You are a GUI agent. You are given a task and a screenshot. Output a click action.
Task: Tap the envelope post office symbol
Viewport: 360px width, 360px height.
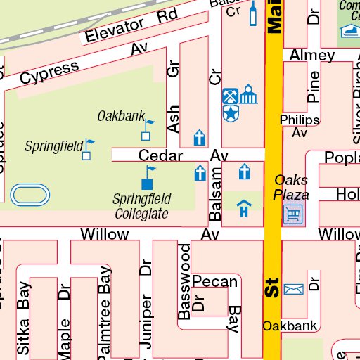(293, 288)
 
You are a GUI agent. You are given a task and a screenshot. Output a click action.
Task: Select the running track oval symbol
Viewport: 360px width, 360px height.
(31, 193)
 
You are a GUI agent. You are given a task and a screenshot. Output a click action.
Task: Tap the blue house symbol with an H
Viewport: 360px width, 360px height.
(244, 209)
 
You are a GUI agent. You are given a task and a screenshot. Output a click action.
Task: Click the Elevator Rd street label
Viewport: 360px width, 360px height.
(131, 25)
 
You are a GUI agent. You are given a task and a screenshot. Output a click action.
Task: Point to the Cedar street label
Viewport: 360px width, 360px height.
(160, 155)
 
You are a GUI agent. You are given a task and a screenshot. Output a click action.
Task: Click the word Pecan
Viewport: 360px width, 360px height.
(215, 282)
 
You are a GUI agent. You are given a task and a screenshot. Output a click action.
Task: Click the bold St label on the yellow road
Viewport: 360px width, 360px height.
(272, 288)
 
